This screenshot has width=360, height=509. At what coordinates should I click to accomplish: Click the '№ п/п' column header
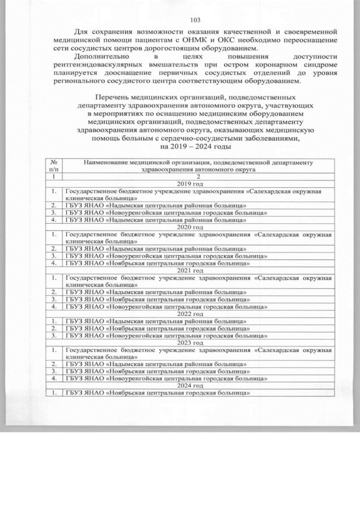(53, 165)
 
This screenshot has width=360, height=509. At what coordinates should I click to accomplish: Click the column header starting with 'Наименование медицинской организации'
(198, 165)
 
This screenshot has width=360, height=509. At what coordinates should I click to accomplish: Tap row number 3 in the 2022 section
(53, 335)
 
